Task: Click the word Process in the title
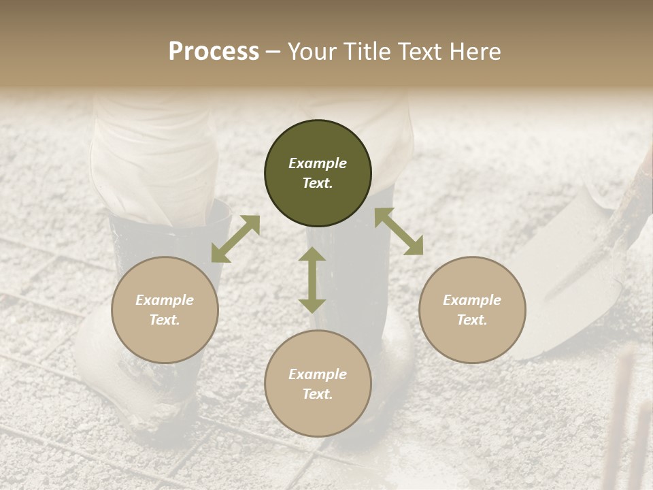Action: [x=214, y=52]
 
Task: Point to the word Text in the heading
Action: [x=422, y=52]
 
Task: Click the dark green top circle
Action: [x=318, y=146]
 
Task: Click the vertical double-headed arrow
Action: [x=312, y=280]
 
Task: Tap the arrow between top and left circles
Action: [x=235, y=239]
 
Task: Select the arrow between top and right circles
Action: [x=399, y=232]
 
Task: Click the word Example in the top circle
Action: [x=318, y=163]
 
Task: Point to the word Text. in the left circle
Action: [x=165, y=320]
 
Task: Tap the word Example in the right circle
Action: [x=472, y=300]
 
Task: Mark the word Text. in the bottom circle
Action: [x=318, y=394]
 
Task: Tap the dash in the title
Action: [x=273, y=52]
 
